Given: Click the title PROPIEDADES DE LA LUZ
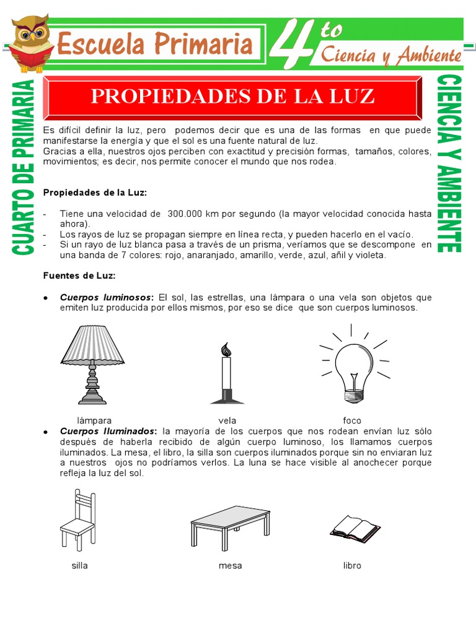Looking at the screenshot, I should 232,96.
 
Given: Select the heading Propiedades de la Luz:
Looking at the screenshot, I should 95,193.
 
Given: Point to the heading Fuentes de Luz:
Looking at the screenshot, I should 79,276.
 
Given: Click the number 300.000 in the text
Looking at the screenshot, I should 188,214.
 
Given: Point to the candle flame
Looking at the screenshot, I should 226,350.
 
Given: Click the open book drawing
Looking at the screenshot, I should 355,528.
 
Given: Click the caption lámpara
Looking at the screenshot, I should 94,420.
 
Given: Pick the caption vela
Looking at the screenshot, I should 227,420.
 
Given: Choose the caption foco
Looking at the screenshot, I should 352,420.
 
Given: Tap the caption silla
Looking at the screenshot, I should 79,566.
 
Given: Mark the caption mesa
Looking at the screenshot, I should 230,566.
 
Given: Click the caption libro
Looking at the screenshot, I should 352,566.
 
